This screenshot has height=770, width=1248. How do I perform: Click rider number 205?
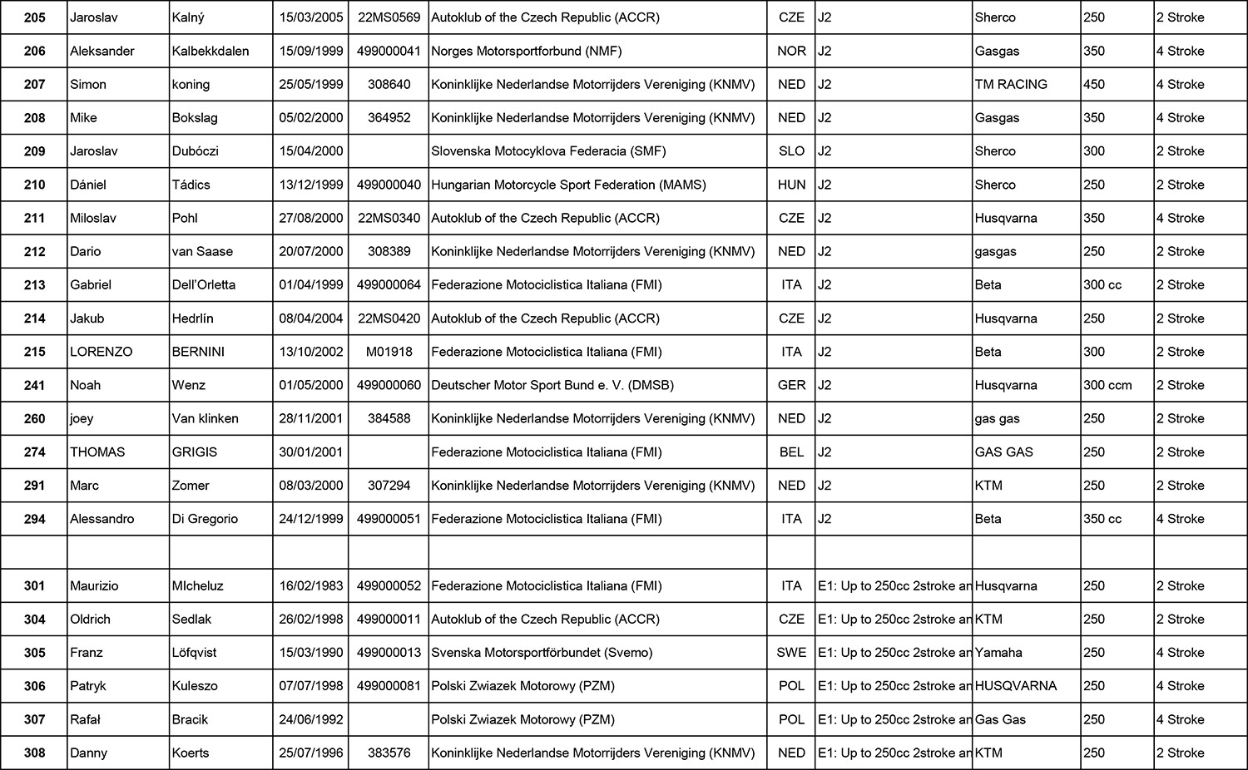34,17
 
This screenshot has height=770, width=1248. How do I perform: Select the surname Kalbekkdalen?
210,51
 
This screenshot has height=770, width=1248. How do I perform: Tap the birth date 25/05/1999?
311,84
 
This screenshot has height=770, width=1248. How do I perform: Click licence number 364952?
389,118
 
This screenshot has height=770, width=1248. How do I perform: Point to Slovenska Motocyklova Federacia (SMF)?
548,151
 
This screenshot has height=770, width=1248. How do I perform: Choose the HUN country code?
791,185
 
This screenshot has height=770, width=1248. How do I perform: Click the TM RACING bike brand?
1011,84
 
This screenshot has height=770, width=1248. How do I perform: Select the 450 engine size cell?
1094,84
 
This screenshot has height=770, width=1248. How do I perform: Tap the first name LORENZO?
101,352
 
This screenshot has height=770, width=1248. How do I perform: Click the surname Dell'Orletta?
204,285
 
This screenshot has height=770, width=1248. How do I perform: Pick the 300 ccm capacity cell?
1107,385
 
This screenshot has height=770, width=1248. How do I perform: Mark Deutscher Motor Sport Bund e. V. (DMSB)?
552,385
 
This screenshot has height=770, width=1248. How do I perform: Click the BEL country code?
791,452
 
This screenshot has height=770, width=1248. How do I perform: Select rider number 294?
34,519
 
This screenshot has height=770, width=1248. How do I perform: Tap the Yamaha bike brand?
998,653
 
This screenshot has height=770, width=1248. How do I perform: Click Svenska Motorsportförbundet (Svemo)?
542,653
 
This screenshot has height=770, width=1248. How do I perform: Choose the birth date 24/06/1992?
311,719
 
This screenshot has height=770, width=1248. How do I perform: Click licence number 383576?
389,753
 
